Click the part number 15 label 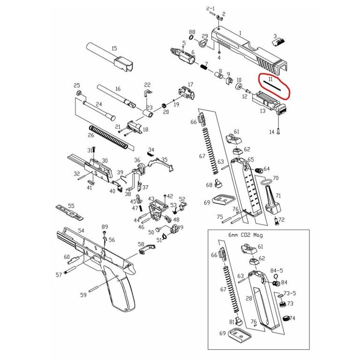114,49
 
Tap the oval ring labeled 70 266,182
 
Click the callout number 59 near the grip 83,295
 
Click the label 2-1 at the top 211,8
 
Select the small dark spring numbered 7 204,67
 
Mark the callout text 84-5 277,271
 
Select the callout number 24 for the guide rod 99,104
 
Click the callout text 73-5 290,293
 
